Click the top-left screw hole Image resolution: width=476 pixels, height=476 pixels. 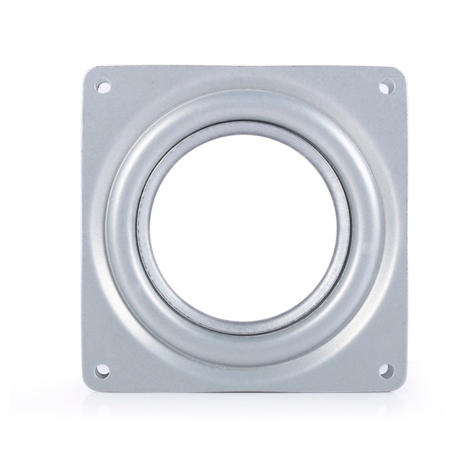click(x=102, y=87)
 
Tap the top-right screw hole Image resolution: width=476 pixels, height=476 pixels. click(x=386, y=87)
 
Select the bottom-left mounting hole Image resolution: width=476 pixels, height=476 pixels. click(x=101, y=370)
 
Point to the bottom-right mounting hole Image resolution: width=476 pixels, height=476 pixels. click(x=386, y=370)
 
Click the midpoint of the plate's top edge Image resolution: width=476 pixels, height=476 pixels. click(x=244, y=67)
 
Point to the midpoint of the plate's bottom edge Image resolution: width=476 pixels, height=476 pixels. click(x=244, y=392)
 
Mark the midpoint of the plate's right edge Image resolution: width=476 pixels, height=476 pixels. click(x=407, y=228)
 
